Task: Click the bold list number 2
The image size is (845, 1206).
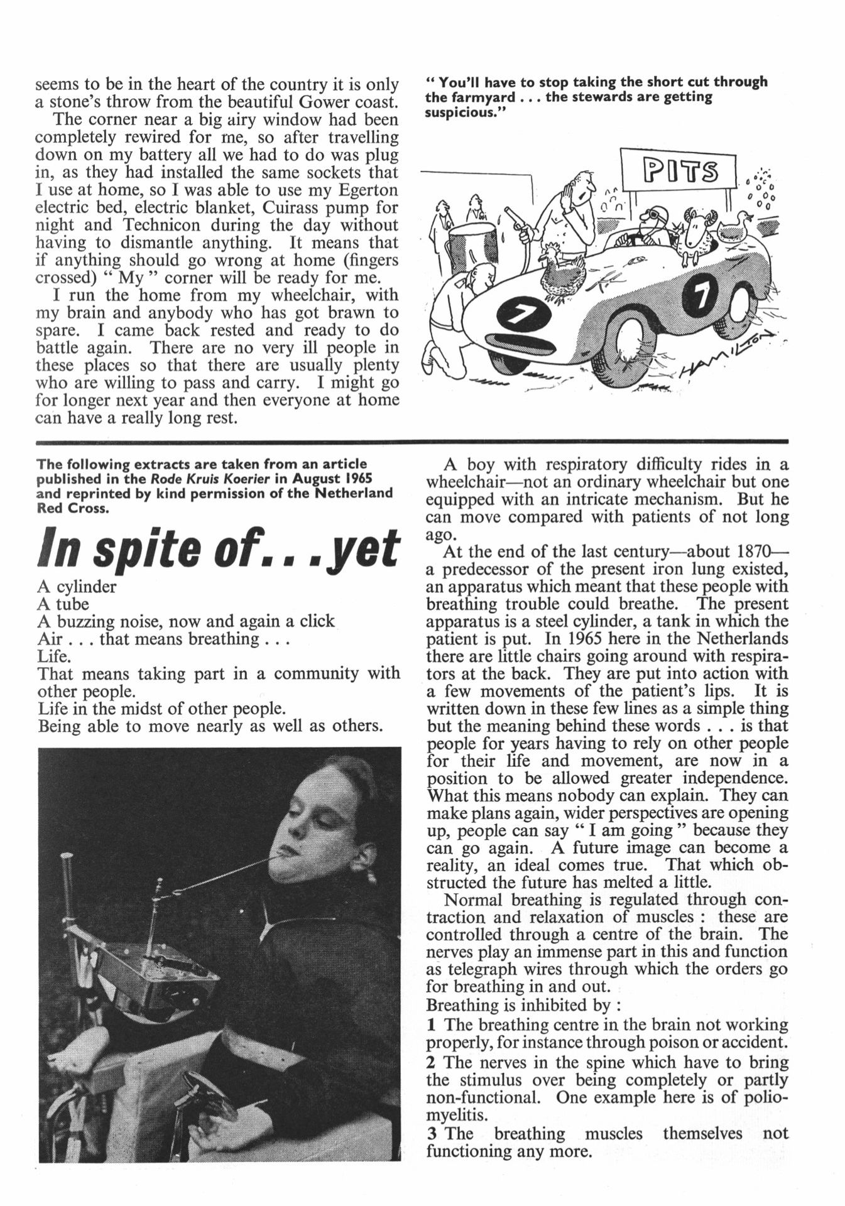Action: point(431,1062)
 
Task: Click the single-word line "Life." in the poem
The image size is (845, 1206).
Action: point(54,656)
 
